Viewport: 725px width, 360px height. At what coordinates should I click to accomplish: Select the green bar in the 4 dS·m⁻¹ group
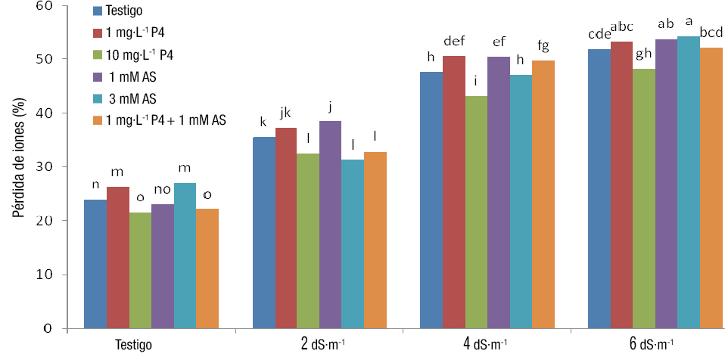click(476, 213)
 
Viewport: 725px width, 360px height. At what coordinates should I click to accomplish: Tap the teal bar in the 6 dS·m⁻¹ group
click(689, 182)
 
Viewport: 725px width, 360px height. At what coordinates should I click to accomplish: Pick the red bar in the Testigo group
click(118, 258)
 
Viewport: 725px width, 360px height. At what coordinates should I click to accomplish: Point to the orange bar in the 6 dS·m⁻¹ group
click(711, 188)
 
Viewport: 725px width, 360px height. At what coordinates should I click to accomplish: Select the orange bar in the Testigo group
click(207, 268)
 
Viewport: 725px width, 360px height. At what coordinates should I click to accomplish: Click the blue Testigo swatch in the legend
click(97, 11)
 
